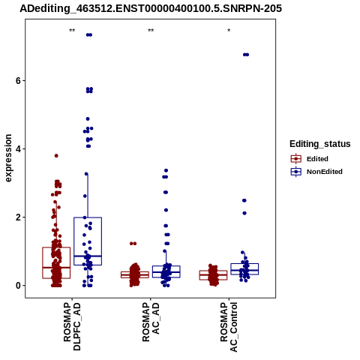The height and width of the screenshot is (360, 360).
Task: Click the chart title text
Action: tap(151, 8)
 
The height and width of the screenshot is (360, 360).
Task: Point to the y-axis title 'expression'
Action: tap(8, 158)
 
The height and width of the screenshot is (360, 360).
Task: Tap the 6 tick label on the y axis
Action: tap(18, 81)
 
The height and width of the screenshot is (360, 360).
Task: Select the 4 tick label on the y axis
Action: tap(18, 149)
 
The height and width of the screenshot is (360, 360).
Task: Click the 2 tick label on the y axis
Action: tap(18, 217)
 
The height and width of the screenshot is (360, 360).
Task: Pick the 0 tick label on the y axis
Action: tap(18, 286)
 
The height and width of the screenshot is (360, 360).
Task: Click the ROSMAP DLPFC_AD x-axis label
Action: tap(72, 326)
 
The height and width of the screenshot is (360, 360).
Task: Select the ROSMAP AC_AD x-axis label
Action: tap(151, 322)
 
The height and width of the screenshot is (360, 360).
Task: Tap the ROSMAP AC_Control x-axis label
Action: tap(229, 327)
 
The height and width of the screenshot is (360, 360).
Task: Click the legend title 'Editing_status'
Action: tap(320, 144)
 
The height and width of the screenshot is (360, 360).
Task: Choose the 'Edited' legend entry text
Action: tap(317, 159)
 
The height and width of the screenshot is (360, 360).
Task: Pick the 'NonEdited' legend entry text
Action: tap(325, 172)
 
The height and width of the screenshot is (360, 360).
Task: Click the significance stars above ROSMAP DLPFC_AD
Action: tap(72, 31)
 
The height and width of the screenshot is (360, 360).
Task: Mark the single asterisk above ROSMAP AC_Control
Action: tap(229, 31)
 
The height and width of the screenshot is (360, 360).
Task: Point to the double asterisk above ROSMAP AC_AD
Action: tap(151, 31)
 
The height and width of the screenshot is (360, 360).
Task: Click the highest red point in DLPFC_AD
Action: tap(56, 156)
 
